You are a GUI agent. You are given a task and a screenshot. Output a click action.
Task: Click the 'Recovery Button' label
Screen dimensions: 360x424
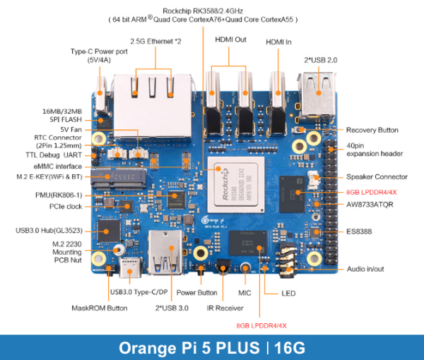[x=372, y=130]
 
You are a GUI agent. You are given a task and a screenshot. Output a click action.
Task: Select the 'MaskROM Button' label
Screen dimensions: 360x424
[x=99, y=308]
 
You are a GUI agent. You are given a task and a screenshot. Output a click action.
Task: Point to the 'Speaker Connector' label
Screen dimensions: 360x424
[x=377, y=176]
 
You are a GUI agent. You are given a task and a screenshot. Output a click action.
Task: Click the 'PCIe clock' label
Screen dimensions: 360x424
[x=64, y=206]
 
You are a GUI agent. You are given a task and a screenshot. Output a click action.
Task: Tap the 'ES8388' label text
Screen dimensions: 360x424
[x=358, y=232]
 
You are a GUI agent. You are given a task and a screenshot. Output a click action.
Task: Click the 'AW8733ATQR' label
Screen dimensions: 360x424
[x=370, y=205]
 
